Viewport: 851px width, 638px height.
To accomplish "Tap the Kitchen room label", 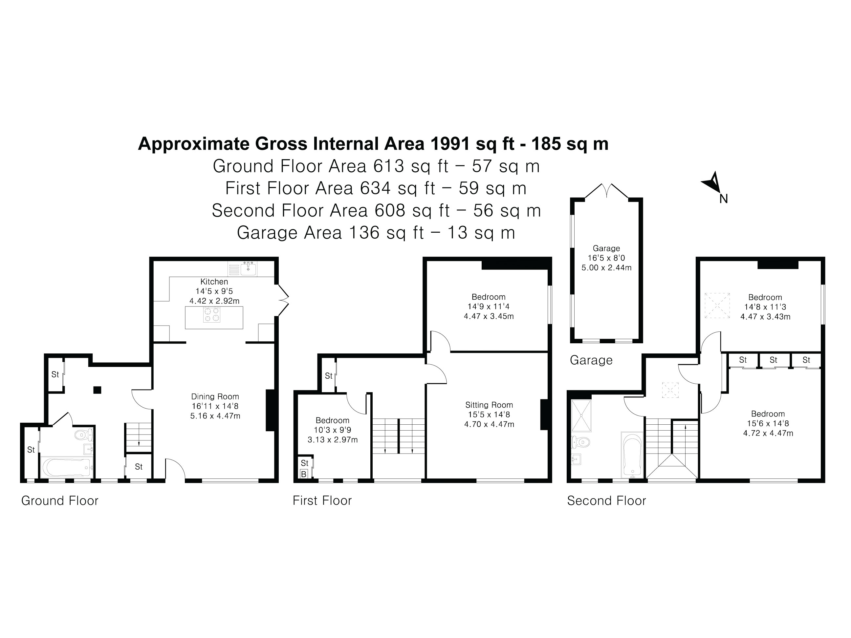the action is point(214,282).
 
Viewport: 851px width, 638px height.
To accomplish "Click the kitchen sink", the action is point(248,268).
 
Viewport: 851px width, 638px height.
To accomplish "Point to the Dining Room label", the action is point(215,396).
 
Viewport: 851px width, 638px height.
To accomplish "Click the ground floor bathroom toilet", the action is point(83,435).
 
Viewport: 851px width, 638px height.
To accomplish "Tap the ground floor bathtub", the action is point(66,467).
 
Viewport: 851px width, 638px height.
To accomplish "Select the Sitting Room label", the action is point(489,405).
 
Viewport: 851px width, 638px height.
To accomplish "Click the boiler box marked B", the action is point(304,474).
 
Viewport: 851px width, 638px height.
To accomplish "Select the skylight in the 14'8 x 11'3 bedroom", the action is point(717,306).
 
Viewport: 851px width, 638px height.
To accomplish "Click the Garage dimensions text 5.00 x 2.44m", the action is point(606,268).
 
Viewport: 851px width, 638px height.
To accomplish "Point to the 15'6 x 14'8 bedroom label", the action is point(768,423).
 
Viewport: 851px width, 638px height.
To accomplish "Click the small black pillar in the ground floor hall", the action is point(97,390).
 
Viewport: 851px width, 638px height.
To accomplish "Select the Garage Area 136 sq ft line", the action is point(376,233).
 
